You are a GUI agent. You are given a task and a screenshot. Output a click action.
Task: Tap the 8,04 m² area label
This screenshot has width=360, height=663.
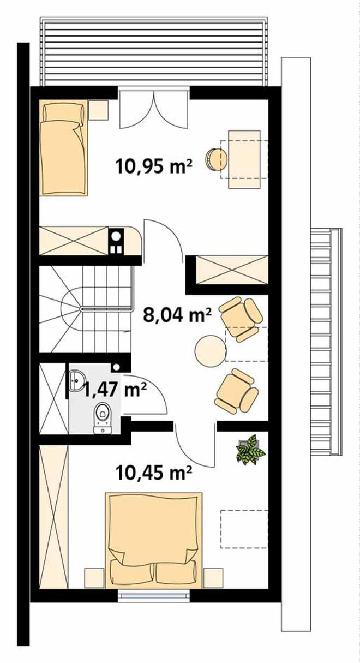[x=177, y=315]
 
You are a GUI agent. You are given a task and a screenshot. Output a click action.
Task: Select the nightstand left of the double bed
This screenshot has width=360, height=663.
[x=95, y=578]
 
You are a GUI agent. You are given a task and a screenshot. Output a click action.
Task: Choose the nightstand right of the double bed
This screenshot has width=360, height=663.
[x=213, y=578]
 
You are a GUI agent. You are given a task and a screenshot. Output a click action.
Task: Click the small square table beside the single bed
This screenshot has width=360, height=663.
[x=99, y=110]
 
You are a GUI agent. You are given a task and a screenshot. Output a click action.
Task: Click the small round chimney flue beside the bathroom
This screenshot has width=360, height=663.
[x=117, y=367]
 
